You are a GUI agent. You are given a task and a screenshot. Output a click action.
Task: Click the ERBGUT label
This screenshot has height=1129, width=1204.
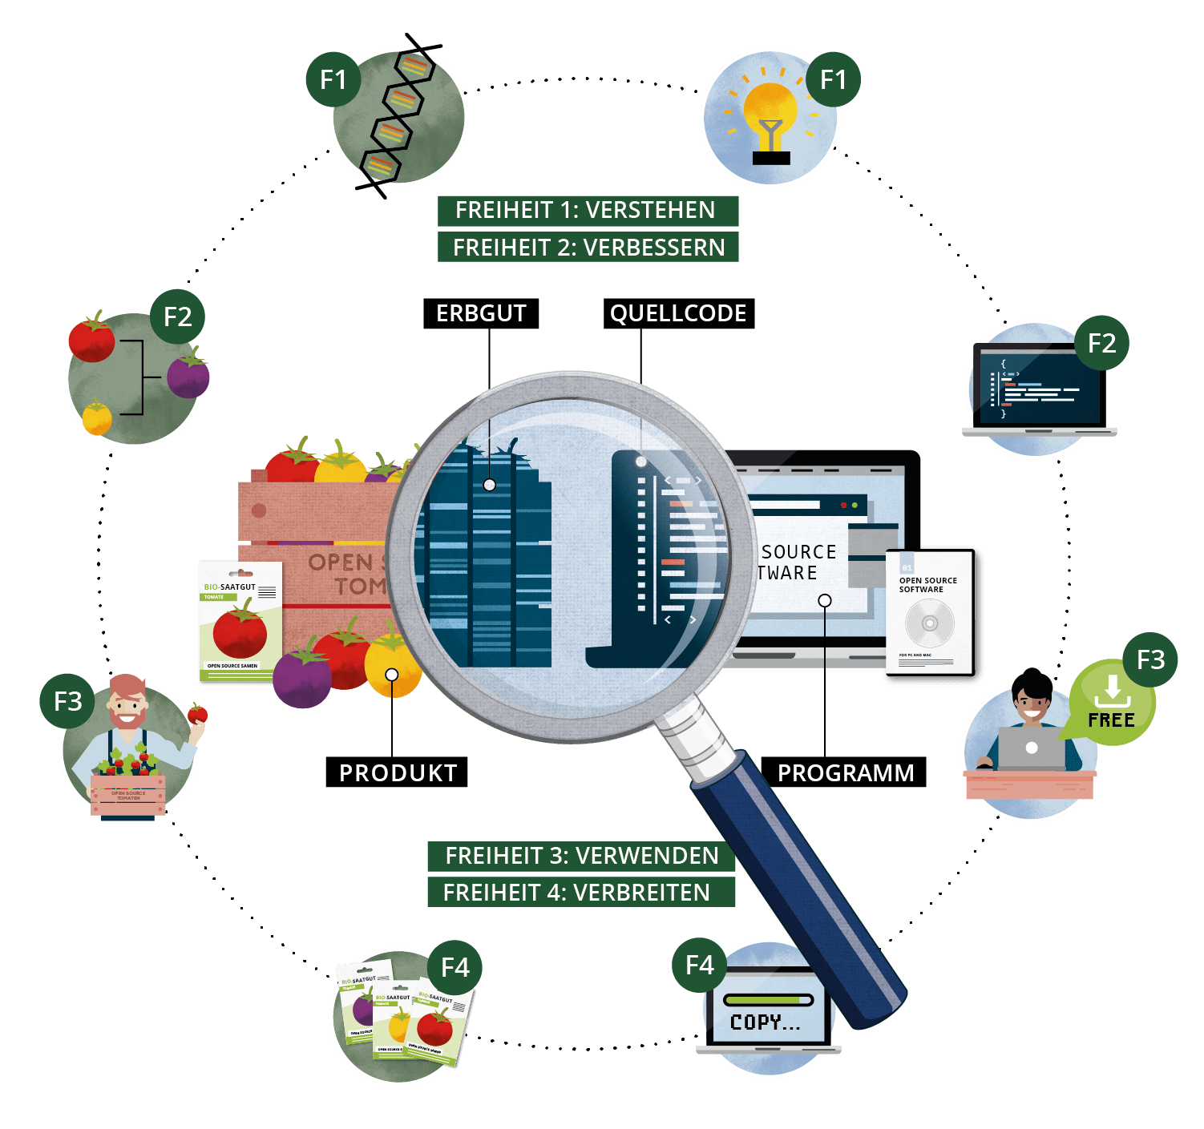(481, 313)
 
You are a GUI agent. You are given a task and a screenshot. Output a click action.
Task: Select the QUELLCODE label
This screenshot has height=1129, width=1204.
(678, 313)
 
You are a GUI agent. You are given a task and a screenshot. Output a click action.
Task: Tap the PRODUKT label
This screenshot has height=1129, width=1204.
(398, 772)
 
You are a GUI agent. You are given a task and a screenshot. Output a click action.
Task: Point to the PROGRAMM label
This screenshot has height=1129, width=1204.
(845, 772)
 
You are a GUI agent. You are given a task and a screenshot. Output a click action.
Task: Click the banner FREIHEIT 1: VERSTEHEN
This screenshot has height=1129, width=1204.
(586, 210)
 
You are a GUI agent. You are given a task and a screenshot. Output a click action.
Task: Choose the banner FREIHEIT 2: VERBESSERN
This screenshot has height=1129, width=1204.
(588, 247)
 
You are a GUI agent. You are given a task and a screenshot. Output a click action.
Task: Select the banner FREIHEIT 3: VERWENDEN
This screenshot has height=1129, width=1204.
(582, 856)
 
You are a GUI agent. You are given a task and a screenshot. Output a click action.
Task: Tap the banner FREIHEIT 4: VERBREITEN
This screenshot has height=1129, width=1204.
(577, 892)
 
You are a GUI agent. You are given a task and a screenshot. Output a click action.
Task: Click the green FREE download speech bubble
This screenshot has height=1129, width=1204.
(1111, 704)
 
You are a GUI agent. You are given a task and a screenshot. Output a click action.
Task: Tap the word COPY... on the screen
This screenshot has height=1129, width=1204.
(765, 1022)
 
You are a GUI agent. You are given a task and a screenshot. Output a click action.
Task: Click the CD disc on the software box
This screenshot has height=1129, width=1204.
(930, 623)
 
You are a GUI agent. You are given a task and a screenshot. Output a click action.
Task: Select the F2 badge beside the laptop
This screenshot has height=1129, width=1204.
(1101, 343)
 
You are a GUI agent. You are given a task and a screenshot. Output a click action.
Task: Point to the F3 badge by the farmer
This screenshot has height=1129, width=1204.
(68, 702)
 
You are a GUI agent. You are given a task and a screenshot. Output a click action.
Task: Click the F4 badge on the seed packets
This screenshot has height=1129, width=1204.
(455, 967)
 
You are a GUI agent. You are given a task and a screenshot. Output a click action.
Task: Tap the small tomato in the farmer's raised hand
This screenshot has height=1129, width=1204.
(197, 712)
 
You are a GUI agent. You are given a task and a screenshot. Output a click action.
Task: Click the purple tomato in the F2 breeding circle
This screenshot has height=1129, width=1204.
(188, 376)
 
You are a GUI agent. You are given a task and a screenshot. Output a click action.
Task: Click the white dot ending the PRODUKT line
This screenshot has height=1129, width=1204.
(392, 675)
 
